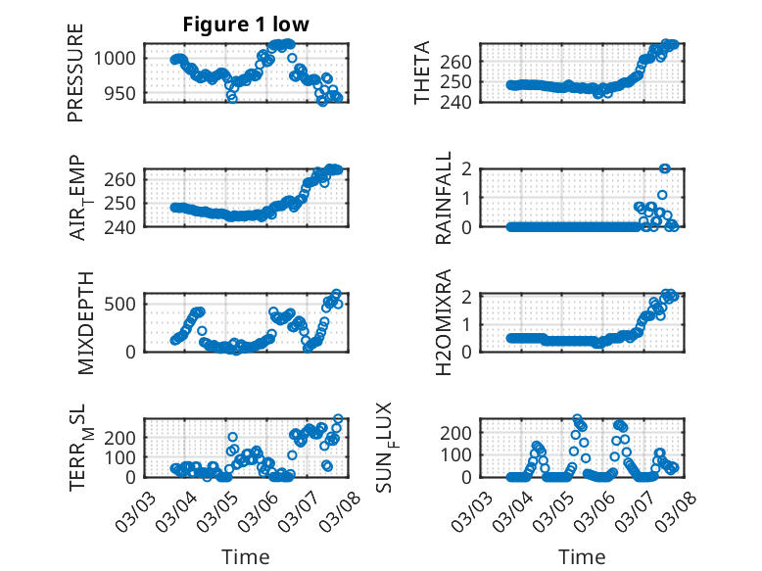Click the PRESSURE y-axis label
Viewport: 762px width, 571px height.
pos(76,73)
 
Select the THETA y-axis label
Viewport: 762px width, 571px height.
pos(422,73)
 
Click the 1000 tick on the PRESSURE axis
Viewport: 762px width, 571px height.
pos(119,58)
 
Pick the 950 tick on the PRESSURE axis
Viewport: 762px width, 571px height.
pos(123,94)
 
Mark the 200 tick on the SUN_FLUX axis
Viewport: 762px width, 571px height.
pos(460,432)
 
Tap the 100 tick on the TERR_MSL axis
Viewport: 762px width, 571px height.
pos(123,457)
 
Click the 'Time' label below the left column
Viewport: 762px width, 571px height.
pos(245,557)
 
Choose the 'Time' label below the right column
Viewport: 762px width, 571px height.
pos(582,557)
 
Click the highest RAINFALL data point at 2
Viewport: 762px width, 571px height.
pos(665,168)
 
